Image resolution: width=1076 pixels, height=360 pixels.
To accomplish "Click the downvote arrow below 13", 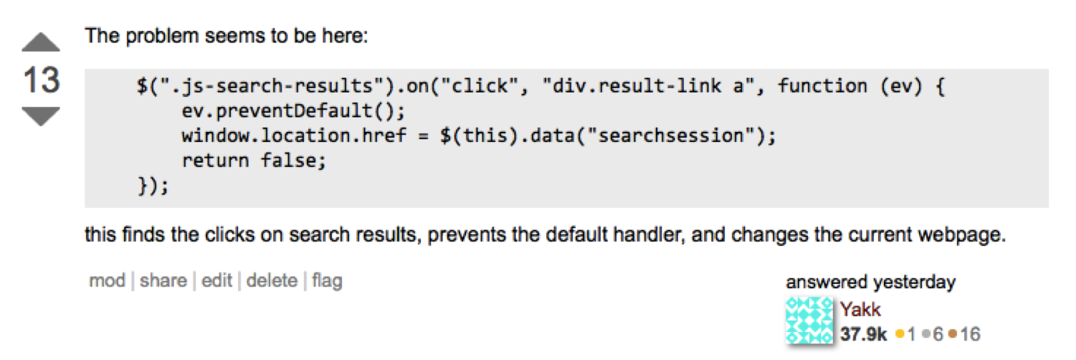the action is point(41,116).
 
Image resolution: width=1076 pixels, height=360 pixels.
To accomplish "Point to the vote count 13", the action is point(41,80).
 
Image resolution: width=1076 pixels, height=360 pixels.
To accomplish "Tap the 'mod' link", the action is point(107,280).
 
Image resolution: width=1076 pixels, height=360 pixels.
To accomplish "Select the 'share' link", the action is point(163,280).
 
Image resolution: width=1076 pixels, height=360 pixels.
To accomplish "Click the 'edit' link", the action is point(216,280).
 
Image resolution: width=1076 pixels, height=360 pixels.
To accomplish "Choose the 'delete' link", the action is point(272,280).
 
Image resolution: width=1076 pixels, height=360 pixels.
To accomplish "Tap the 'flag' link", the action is point(327,280).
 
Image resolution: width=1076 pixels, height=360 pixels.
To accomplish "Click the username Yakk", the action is point(860,310).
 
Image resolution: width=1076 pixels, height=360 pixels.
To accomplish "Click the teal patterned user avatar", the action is point(810,321).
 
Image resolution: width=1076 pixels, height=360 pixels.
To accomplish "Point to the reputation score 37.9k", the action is point(864,333).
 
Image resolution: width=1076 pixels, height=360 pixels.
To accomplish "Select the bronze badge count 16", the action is point(970,333).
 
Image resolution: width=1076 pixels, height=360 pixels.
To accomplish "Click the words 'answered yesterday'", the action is point(870,283).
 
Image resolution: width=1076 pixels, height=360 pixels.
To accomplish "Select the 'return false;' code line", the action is point(254,161).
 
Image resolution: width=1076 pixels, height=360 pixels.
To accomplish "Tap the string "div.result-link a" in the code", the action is point(651,87).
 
